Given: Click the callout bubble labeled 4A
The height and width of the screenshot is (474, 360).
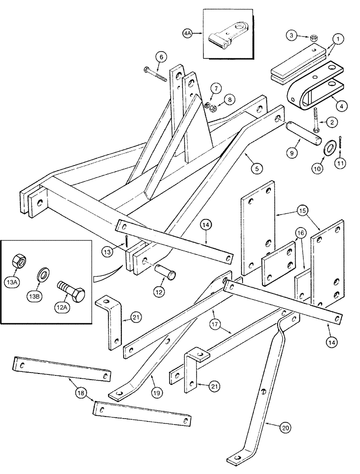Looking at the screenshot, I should [188, 34].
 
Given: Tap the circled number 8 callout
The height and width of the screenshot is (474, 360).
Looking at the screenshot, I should [230, 100].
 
